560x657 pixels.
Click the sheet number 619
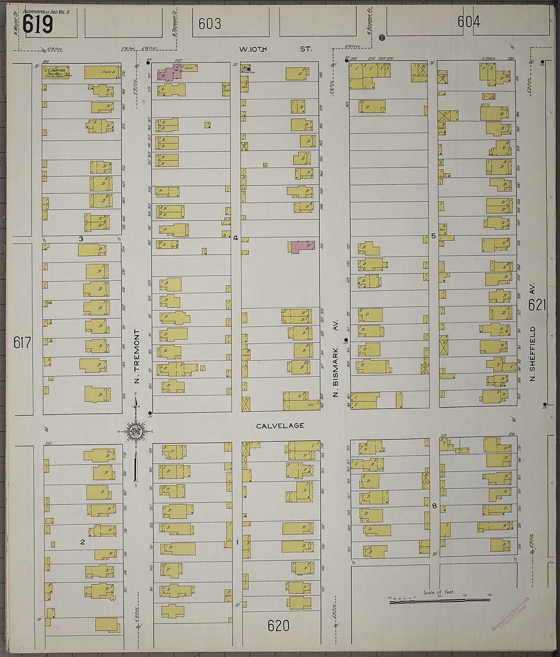coord(38,24)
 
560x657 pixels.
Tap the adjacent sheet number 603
coord(210,23)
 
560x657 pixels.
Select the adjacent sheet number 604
coord(468,21)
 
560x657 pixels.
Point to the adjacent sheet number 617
coord(22,342)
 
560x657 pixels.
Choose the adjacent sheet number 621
coord(537,305)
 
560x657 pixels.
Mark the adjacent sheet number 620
coord(278,625)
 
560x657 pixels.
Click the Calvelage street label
coord(280,425)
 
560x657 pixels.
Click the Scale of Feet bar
coord(439,601)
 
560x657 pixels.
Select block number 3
coord(80,238)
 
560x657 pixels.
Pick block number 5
coord(433,236)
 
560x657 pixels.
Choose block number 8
coord(434,506)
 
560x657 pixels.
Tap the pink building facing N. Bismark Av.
coord(302,247)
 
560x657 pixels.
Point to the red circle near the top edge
coord(382,37)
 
